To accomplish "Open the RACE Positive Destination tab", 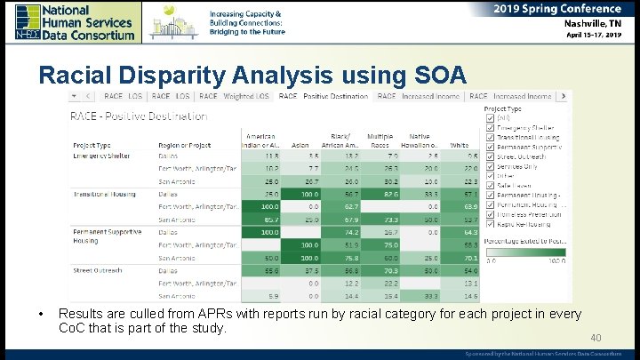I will click(x=324, y=96).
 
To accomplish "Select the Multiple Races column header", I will click(x=380, y=140).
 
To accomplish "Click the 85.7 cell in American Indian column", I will click(x=268, y=219).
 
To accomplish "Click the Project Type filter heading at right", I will click(x=502, y=108).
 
